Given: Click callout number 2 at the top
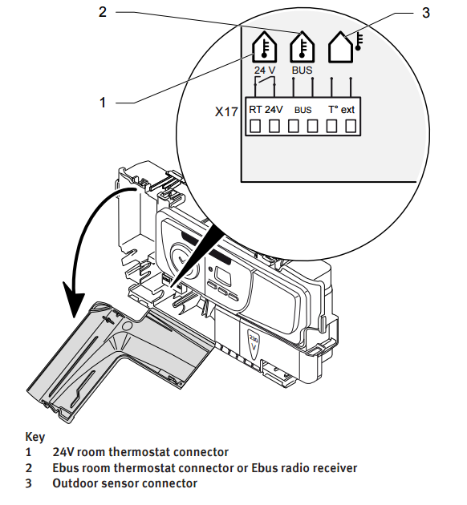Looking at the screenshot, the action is [103, 12].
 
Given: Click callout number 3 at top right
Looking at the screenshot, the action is [426, 13].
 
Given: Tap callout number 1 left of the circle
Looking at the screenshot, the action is [103, 103].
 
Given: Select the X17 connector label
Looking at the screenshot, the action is [226, 111].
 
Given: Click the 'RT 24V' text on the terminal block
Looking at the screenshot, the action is [266, 110].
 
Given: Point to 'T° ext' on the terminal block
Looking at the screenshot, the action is [341, 110].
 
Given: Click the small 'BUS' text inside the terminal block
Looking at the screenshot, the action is [303, 110].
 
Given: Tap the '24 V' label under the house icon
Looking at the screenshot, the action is [265, 70].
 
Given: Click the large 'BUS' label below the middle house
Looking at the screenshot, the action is [302, 70].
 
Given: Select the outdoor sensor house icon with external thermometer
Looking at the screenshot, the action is [345, 47].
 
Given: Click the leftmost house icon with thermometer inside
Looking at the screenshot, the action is [264, 47].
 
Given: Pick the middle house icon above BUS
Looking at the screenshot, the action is [302, 47].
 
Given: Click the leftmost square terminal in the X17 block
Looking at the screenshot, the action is [255, 126].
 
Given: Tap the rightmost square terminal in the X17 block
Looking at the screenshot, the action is [351, 126].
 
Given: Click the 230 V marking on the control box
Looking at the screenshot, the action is [254, 343].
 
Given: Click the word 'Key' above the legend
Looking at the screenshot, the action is [35, 437].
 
